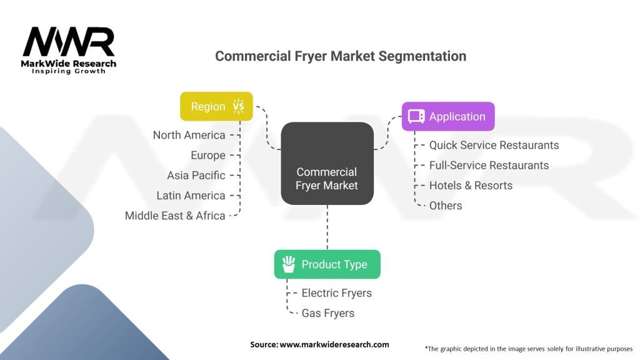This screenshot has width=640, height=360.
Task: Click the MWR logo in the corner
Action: pos(69,50)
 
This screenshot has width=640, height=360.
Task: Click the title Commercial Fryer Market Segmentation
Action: pos(341,56)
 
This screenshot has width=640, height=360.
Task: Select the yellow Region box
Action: pos(216,106)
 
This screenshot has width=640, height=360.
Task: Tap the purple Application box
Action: pos(448,116)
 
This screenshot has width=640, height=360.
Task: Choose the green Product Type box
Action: pos(327,264)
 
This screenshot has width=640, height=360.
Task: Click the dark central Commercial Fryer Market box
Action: pos(327,163)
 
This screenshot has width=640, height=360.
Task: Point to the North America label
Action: pos(189,135)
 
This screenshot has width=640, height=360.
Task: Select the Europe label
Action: pos(208,156)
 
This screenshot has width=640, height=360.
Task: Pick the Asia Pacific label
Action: pos(196,176)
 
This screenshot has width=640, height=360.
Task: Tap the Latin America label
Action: pos(191,196)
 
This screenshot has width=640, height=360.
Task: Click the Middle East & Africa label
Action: pos(175,216)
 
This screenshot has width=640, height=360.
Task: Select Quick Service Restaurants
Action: pos(494,145)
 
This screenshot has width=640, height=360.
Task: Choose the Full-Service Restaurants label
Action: pos(489,165)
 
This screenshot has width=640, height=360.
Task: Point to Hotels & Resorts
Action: pos(471,185)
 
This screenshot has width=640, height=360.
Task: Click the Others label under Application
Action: pos(446,206)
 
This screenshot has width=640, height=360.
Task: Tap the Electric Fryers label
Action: pos(337,293)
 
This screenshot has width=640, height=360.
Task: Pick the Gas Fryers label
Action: pos(327,313)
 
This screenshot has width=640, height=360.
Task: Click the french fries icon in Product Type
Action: pos(289,264)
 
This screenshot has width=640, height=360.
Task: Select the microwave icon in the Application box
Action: pos(416,116)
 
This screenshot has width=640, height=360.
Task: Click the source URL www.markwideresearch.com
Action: pos(334,344)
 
